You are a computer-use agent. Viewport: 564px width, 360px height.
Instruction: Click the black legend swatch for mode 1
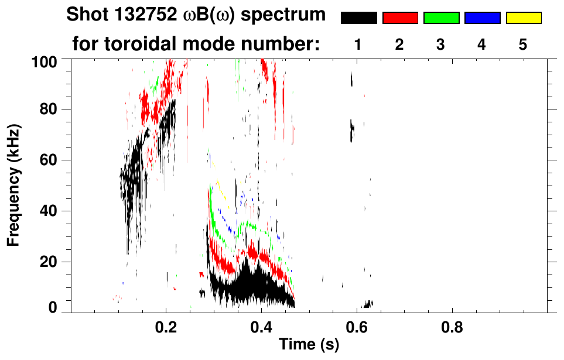(x=358, y=18)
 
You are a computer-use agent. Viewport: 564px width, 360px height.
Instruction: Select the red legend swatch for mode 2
(x=400, y=18)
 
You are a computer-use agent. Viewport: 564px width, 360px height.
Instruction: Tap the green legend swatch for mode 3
(x=441, y=18)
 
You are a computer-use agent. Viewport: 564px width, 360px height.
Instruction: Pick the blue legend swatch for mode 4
(x=482, y=18)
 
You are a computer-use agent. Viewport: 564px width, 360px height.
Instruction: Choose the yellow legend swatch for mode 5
(x=523, y=18)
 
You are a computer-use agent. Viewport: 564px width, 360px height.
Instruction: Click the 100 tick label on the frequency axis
(x=44, y=60)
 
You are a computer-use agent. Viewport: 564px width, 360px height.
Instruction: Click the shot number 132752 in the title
(x=139, y=15)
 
